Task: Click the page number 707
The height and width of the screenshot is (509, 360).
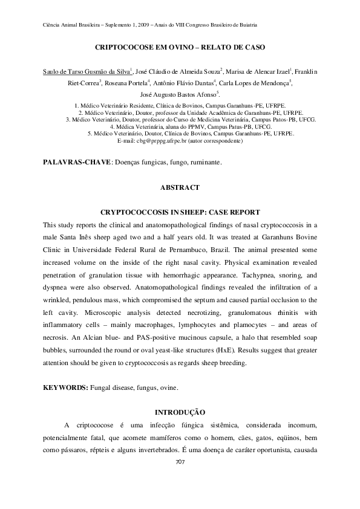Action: tap(180, 462)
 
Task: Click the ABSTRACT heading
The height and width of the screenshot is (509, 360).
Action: tap(180, 188)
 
